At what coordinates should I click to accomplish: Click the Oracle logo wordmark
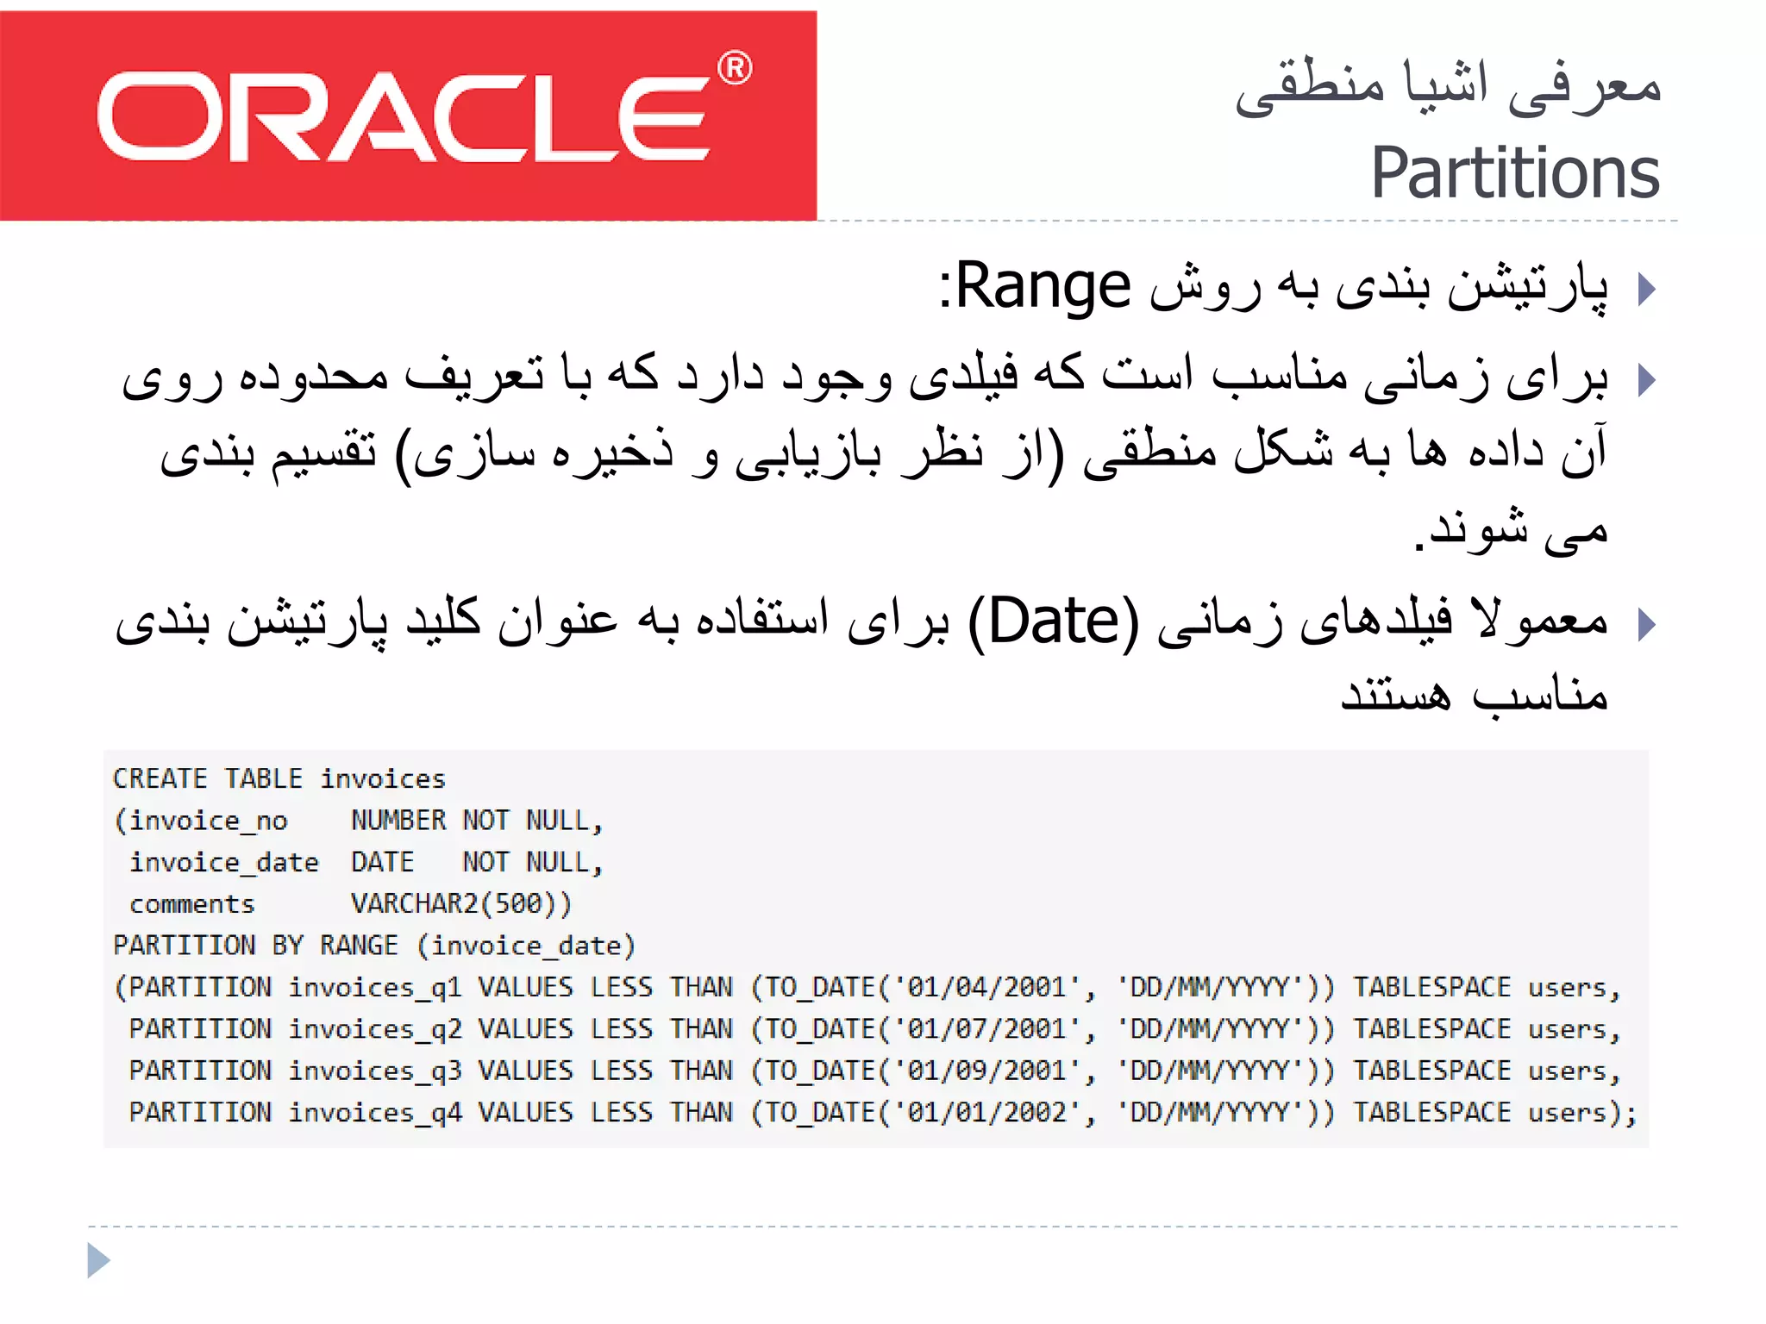[405, 116]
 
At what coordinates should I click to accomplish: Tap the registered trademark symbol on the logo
[735, 68]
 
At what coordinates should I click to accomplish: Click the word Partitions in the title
[1514, 173]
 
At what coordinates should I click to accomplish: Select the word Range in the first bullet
[1043, 286]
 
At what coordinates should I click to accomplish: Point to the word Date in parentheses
[1053, 621]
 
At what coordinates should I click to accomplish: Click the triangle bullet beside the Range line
[1646, 289]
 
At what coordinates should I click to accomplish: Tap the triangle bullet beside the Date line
[1646, 624]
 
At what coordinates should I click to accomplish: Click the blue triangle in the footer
[98, 1260]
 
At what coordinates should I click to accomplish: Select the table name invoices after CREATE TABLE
[383, 779]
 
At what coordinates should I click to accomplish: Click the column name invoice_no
[208, 821]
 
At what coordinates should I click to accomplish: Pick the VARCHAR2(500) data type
[460, 903]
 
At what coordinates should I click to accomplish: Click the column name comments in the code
[192, 904]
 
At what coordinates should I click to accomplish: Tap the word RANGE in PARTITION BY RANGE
[359, 946]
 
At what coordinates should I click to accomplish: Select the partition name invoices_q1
[375, 987]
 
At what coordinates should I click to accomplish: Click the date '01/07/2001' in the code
[987, 1028]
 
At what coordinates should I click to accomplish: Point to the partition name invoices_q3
[375, 1071]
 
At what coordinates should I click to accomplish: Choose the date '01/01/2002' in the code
[987, 1112]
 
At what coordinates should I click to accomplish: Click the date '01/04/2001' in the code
[987, 987]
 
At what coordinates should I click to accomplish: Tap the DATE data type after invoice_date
[382, 862]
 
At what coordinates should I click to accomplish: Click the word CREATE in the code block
[160, 779]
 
